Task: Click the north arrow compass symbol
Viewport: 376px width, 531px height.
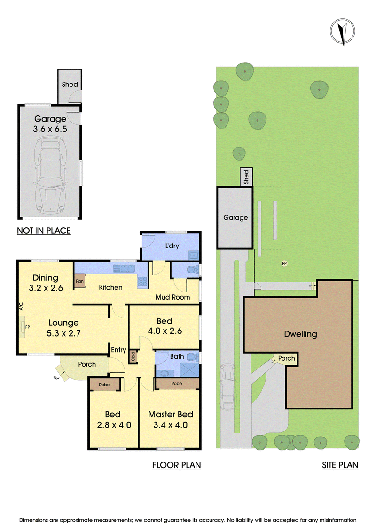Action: [343, 31]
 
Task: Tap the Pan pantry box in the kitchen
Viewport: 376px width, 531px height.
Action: [80, 281]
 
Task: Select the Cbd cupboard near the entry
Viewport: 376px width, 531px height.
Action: [133, 357]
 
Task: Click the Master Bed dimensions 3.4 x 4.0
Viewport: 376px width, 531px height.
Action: [170, 425]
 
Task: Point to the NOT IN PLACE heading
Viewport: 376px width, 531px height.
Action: [44, 231]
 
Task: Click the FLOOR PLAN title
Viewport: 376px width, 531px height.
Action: [176, 465]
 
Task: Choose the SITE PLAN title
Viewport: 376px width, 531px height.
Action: [340, 465]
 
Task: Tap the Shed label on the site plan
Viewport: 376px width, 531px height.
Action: [246, 177]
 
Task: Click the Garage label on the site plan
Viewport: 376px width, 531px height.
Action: [235, 218]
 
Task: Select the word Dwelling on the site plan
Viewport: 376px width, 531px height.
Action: [300, 334]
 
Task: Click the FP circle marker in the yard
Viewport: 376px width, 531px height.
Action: [284, 263]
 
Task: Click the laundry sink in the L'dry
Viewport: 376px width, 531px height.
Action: [194, 256]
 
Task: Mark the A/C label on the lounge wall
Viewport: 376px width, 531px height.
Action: [21, 307]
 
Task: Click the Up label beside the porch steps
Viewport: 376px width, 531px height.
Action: [56, 377]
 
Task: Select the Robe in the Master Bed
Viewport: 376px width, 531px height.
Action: [177, 384]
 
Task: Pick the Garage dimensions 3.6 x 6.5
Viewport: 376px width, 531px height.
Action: [50, 129]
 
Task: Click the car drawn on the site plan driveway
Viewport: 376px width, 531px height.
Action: [228, 387]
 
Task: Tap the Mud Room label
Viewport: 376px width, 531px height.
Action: [172, 297]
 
